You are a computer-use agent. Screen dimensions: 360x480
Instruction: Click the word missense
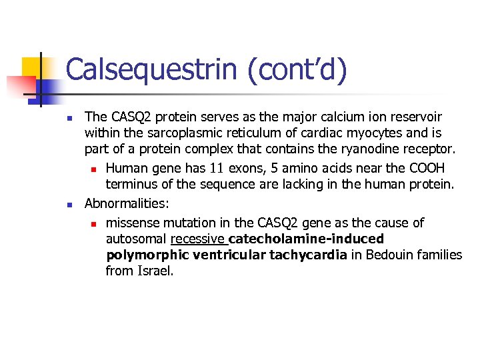[x=133, y=222]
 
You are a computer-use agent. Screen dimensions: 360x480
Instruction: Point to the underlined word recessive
[x=197, y=239]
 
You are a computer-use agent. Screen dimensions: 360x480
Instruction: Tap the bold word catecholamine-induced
[x=306, y=239]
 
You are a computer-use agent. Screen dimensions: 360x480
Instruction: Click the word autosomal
[x=135, y=239]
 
